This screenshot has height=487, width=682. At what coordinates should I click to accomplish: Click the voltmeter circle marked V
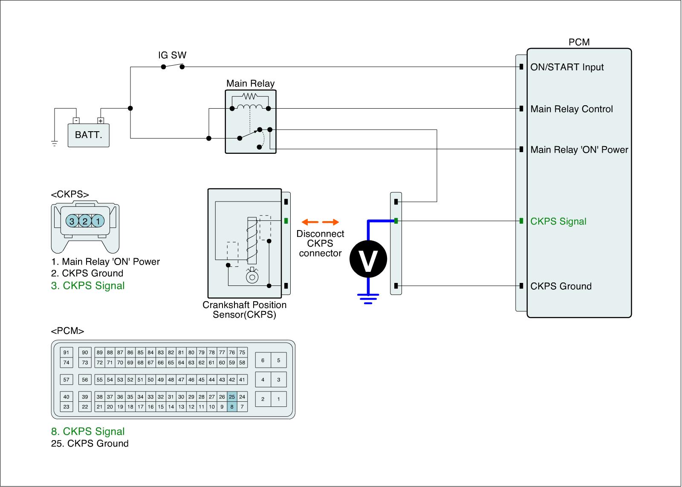tap(368, 259)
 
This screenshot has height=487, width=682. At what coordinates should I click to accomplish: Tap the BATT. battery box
tap(89, 135)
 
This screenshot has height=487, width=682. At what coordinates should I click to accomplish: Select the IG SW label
tap(172, 55)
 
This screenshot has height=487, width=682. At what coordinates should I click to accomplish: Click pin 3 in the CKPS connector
tap(72, 221)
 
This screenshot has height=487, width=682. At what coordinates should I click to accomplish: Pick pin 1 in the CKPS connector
tap(98, 221)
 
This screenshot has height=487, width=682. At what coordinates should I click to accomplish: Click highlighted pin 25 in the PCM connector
tap(232, 397)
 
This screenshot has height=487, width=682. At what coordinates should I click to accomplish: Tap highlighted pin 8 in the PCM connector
tap(232, 406)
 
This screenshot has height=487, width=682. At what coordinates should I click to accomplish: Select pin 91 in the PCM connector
tap(66, 352)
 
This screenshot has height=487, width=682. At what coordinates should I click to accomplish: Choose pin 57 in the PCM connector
tap(66, 380)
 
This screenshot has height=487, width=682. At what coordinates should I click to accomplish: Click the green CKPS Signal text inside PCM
tap(558, 221)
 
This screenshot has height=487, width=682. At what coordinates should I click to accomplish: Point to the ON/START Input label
tap(567, 67)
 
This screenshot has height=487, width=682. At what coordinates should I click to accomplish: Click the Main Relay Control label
tap(572, 109)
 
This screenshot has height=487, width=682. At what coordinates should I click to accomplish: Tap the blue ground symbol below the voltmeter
tap(368, 299)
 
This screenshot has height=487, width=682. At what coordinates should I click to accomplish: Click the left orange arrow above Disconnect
tap(310, 222)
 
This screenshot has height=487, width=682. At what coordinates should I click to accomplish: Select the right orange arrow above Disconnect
tap(331, 222)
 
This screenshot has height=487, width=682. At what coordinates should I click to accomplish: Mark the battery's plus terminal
tap(101, 121)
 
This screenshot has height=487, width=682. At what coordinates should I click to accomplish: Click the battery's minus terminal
tap(76, 121)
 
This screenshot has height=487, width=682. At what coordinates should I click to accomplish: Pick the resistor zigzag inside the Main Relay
tap(250, 96)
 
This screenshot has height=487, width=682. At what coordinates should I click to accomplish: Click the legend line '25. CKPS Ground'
tap(90, 444)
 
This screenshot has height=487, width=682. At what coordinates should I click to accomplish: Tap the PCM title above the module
tap(579, 42)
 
